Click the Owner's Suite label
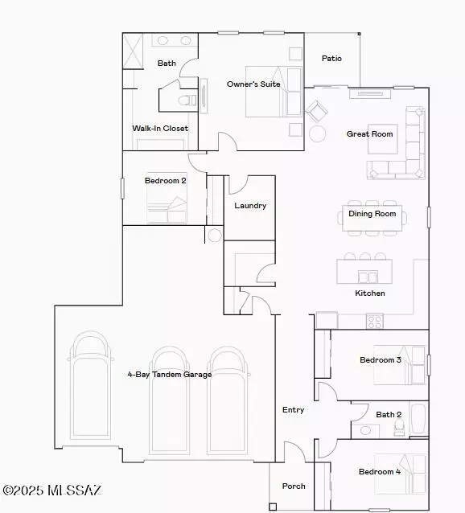pos(253,84)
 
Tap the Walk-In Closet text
pos(160,128)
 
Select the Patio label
pos(331,58)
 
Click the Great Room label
pos(370,133)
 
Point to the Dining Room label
pos(372,214)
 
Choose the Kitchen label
pos(370,293)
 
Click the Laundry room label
pos(250,206)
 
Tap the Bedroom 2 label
pos(165,181)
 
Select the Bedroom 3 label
pos(381,359)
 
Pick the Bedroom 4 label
pos(380,471)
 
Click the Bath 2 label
pos(389,415)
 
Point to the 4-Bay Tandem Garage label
pos(169,374)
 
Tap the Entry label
pos(293,410)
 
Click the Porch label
pos(293,486)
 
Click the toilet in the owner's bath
pos(185,101)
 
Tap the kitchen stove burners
pos(374,321)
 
